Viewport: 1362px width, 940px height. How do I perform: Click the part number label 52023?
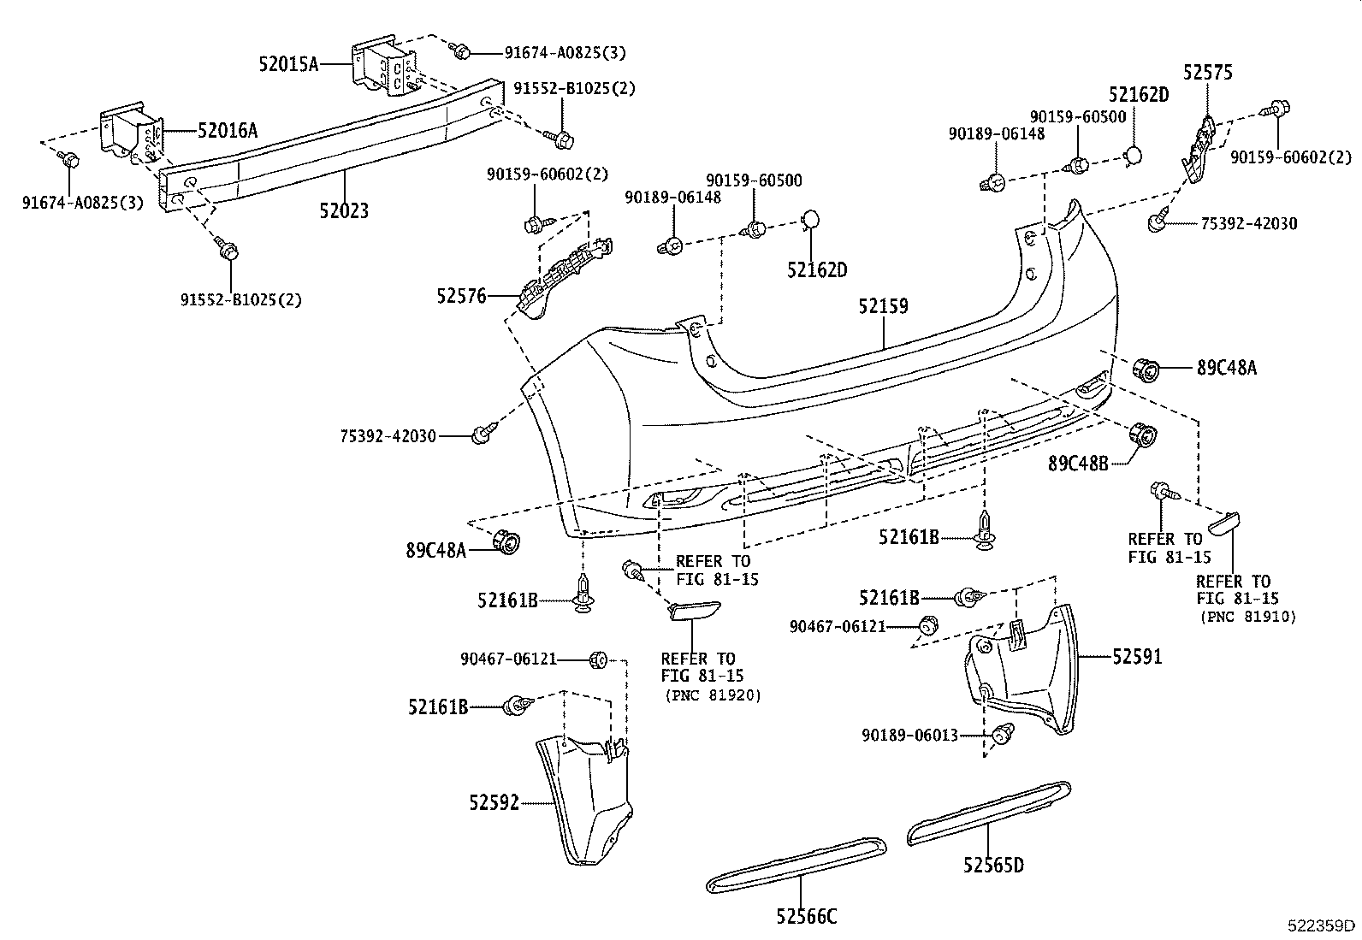(344, 210)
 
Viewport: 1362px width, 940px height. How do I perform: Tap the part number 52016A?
(227, 130)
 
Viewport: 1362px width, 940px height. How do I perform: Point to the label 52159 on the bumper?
(884, 306)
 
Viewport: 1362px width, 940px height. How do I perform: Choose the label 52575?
(1208, 73)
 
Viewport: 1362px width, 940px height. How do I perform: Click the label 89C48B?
(1078, 463)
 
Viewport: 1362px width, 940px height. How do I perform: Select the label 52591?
(1137, 657)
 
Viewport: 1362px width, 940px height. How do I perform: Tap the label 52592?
(494, 803)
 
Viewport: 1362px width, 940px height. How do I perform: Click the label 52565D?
(992, 865)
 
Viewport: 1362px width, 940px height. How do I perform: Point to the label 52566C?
(806, 916)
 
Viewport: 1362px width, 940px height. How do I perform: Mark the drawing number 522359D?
(1323, 925)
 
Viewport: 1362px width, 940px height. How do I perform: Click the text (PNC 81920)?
(712, 695)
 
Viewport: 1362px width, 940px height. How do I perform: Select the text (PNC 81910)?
(1247, 616)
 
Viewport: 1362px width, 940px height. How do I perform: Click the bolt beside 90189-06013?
(1003, 732)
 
